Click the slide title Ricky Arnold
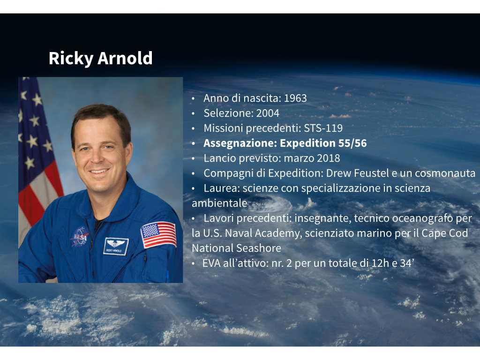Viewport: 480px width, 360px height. point(100,58)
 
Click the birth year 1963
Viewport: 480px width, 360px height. point(295,98)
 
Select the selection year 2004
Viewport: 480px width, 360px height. point(268,113)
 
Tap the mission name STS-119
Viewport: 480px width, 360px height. point(323,128)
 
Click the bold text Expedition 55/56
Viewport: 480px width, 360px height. point(323,143)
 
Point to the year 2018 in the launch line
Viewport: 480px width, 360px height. point(329,158)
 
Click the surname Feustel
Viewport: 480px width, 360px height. point(371,173)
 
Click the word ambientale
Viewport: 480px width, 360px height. point(219,203)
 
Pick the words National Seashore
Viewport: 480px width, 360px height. point(236,248)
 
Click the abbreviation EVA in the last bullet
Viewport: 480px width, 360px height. point(211,263)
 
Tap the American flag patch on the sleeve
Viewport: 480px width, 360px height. point(158,234)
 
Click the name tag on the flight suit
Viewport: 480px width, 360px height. point(116,246)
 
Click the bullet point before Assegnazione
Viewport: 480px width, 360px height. point(193,143)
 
